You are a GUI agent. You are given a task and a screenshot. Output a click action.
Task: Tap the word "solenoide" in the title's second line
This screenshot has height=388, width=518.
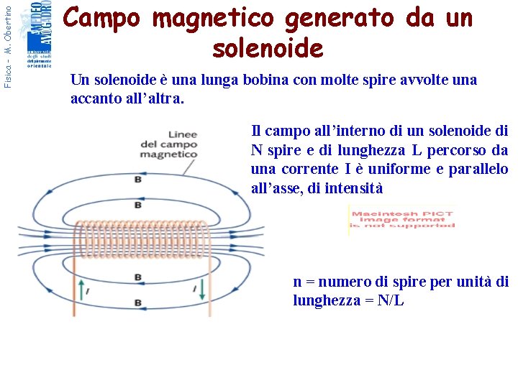coord(268,48)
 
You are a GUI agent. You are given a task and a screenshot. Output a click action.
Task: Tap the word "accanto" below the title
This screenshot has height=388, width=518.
coord(96,98)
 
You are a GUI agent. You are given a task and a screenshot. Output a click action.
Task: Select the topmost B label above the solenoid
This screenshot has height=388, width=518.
coord(137,180)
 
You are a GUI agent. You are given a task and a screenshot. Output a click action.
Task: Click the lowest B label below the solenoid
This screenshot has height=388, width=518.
coord(137,302)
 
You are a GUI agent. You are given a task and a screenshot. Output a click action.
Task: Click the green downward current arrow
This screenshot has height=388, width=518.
coord(202,290)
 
